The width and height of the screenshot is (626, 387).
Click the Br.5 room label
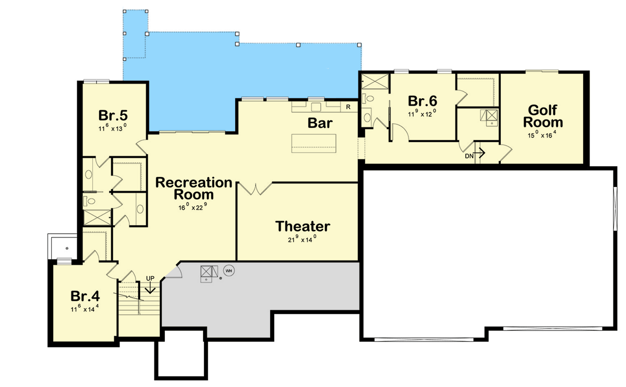click(x=113, y=114)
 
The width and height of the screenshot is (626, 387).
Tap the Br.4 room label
click(x=85, y=296)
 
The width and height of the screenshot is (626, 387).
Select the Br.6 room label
click(x=422, y=100)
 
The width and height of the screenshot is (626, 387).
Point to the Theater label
click(x=303, y=226)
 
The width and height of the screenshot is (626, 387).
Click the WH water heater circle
click(x=228, y=270)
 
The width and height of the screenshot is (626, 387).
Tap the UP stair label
click(x=150, y=278)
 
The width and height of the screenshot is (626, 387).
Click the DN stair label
click(x=468, y=156)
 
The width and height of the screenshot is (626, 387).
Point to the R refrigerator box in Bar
click(x=348, y=107)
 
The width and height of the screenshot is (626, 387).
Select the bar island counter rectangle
click(x=314, y=143)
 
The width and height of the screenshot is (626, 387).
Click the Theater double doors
click(x=256, y=189)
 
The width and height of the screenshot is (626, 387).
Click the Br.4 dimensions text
click(x=85, y=309)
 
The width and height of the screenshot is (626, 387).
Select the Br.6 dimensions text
click(x=422, y=112)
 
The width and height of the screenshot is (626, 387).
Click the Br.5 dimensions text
click(x=113, y=126)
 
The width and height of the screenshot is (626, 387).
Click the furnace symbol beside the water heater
click(x=209, y=272)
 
